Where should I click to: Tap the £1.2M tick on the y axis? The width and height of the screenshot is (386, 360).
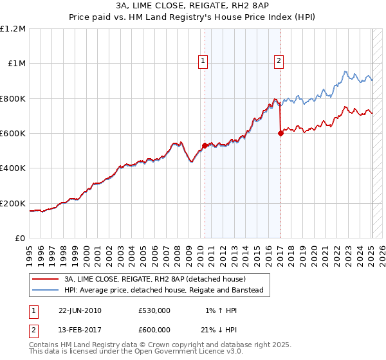13,29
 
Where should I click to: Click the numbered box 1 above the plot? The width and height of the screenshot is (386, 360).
203,61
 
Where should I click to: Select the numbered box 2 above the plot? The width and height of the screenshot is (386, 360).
279,61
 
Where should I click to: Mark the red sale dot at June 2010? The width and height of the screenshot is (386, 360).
205,146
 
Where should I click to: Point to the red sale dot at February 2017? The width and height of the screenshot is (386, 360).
280,134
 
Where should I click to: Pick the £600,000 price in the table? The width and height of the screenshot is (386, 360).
154,330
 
